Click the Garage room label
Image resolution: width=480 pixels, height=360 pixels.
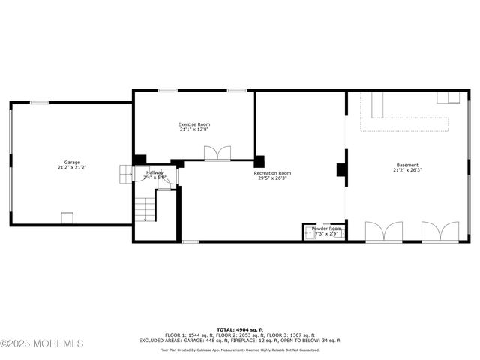pyautogui.click(x=72, y=162)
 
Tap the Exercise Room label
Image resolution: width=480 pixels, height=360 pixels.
pyautogui.click(x=194, y=124)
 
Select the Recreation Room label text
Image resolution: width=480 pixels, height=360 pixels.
pyautogui.click(x=274, y=173)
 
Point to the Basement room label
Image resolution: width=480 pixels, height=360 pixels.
pyautogui.click(x=407, y=165)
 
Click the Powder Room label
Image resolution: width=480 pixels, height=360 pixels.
pyautogui.click(x=326, y=229)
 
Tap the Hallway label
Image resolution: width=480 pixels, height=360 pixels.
pyautogui.click(x=154, y=173)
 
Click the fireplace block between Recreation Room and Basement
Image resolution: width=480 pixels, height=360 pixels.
pyautogui.click(x=341, y=170)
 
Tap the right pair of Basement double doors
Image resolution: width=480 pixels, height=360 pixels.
pyautogui.click(x=439, y=232)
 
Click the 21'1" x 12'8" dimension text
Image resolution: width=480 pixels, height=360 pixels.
pyautogui.click(x=194, y=130)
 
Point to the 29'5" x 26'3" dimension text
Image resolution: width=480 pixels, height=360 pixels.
pyautogui.click(x=274, y=178)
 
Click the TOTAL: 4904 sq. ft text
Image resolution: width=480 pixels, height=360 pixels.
pyautogui.click(x=240, y=329)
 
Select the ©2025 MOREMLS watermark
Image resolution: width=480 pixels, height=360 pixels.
pyautogui.click(x=42, y=343)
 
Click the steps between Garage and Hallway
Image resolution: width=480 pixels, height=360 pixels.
pyautogui.click(x=124, y=174)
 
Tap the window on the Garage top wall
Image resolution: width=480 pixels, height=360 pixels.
pyautogui.click(x=40, y=102)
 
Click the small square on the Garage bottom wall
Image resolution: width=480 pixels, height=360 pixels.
pyautogui.click(x=67, y=218)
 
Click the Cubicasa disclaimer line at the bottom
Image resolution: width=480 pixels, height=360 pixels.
pyautogui.click(x=240, y=349)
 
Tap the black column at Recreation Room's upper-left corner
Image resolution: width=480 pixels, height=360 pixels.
pyautogui.click(x=259, y=161)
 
